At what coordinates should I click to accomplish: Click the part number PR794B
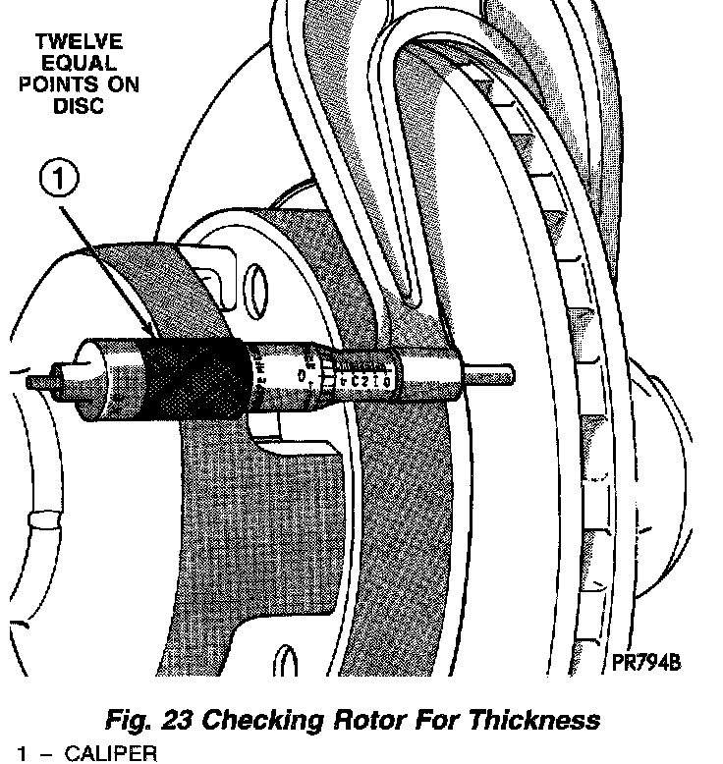pos(646,664)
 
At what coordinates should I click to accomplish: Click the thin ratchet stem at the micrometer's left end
pos(44,378)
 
